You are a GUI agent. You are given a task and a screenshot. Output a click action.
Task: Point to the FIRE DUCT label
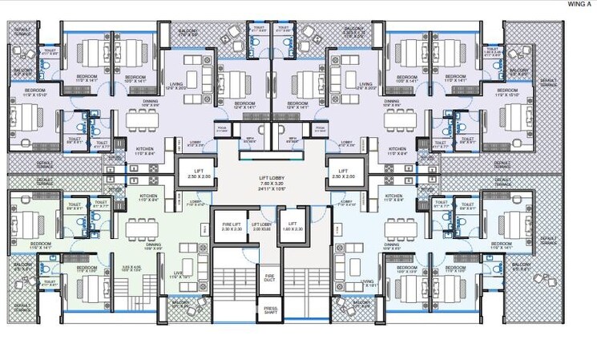point(270,277)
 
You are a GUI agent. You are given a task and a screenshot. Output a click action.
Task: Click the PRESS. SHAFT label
point(271,309)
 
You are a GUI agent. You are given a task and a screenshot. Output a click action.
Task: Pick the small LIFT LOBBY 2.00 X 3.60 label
point(261,227)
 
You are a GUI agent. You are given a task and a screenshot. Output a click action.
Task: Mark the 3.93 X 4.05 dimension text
point(131,267)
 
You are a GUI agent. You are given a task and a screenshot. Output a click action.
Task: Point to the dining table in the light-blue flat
point(398,233)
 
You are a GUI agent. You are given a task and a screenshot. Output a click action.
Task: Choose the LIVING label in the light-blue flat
point(368,282)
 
